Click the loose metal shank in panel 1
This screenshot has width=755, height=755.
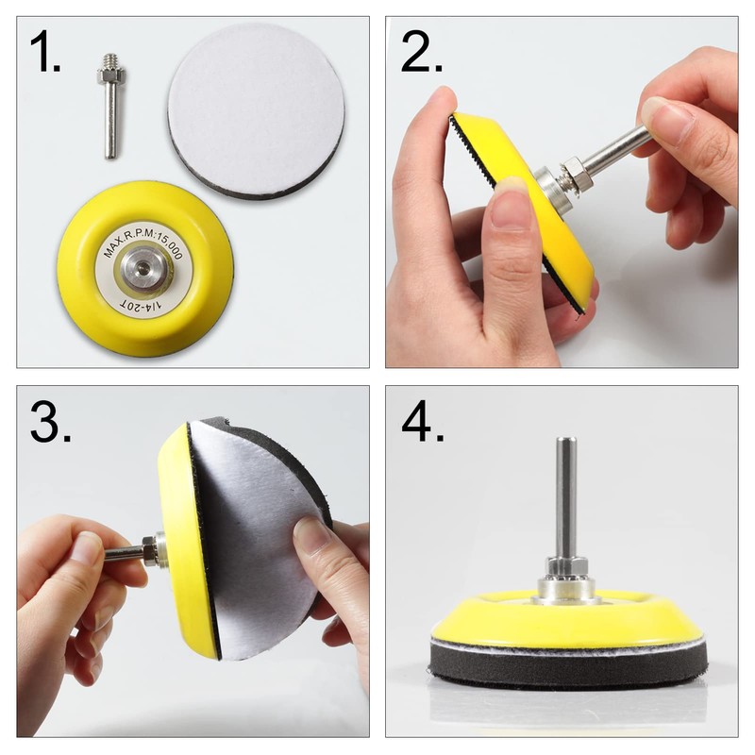(x=110, y=113)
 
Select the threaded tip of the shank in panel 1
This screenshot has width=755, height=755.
(x=108, y=69)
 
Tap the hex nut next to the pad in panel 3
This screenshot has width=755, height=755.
(x=150, y=550)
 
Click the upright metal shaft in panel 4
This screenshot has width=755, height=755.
(x=565, y=500)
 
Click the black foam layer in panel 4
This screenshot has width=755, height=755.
(x=566, y=668)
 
